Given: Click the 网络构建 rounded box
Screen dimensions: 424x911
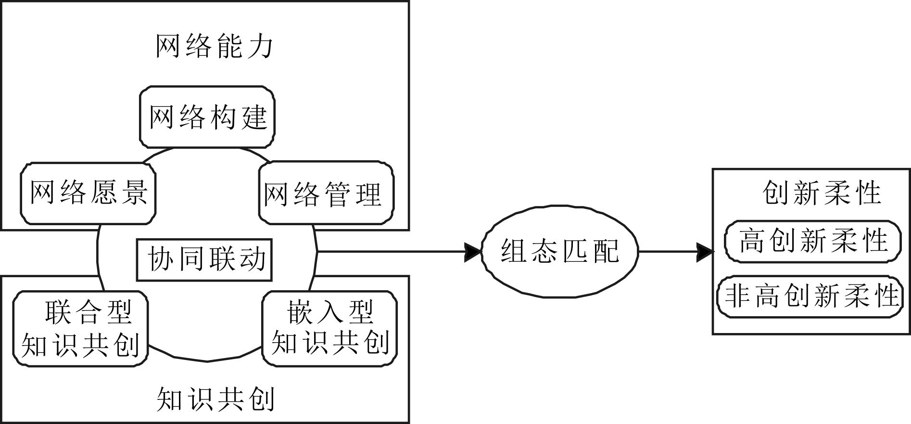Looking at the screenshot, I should [x=207, y=117].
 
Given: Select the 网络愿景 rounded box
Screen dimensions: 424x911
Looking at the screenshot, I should [x=89, y=193].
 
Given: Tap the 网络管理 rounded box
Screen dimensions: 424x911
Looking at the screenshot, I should [x=326, y=193].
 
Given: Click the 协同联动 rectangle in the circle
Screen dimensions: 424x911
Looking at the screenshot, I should [x=204, y=260].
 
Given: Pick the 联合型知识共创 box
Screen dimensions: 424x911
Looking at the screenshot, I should [x=80, y=329].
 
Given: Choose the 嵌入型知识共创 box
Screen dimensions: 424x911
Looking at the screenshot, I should [x=329, y=329].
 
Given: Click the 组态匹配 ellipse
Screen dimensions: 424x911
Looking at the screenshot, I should [x=559, y=251].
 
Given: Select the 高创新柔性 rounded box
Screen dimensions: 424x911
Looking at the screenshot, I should [x=813, y=241].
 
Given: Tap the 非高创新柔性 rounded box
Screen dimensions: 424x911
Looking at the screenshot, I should [x=810, y=296].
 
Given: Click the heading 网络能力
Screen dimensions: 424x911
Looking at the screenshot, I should [x=214, y=47].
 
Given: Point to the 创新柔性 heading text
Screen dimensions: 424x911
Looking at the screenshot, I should [x=822, y=193].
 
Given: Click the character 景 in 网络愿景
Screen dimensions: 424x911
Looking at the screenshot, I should [x=134, y=193].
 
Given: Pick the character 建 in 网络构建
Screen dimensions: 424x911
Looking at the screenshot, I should [x=254, y=117].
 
